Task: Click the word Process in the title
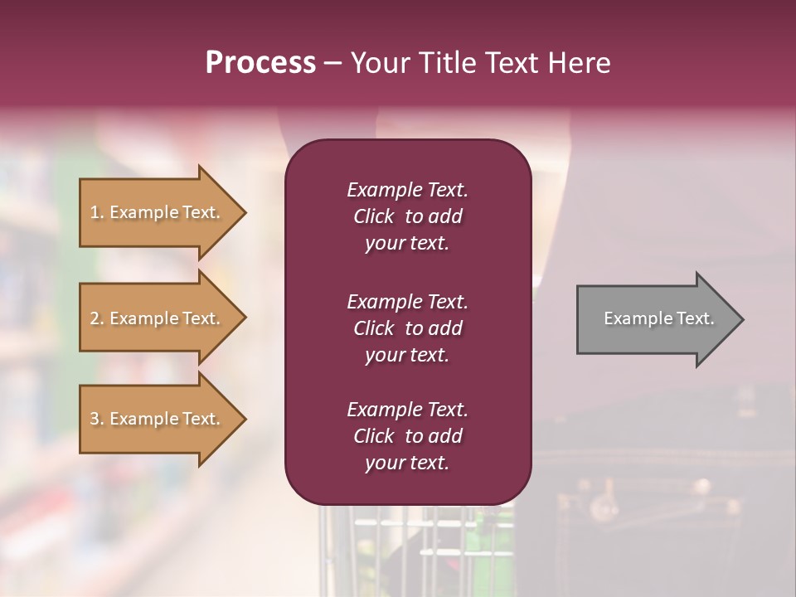[260, 63]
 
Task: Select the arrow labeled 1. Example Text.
[158, 212]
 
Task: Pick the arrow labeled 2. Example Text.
[158, 318]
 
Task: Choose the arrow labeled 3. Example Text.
[158, 419]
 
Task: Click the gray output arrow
[655, 319]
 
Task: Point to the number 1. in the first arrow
[97, 212]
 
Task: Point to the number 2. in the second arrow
[97, 318]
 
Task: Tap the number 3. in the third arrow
[97, 419]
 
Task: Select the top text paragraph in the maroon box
[407, 216]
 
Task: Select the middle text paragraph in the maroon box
[407, 328]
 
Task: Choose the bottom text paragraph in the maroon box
[407, 436]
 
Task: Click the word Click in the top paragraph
[373, 216]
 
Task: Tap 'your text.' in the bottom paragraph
[407, 463]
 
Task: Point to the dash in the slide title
[332, 63]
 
